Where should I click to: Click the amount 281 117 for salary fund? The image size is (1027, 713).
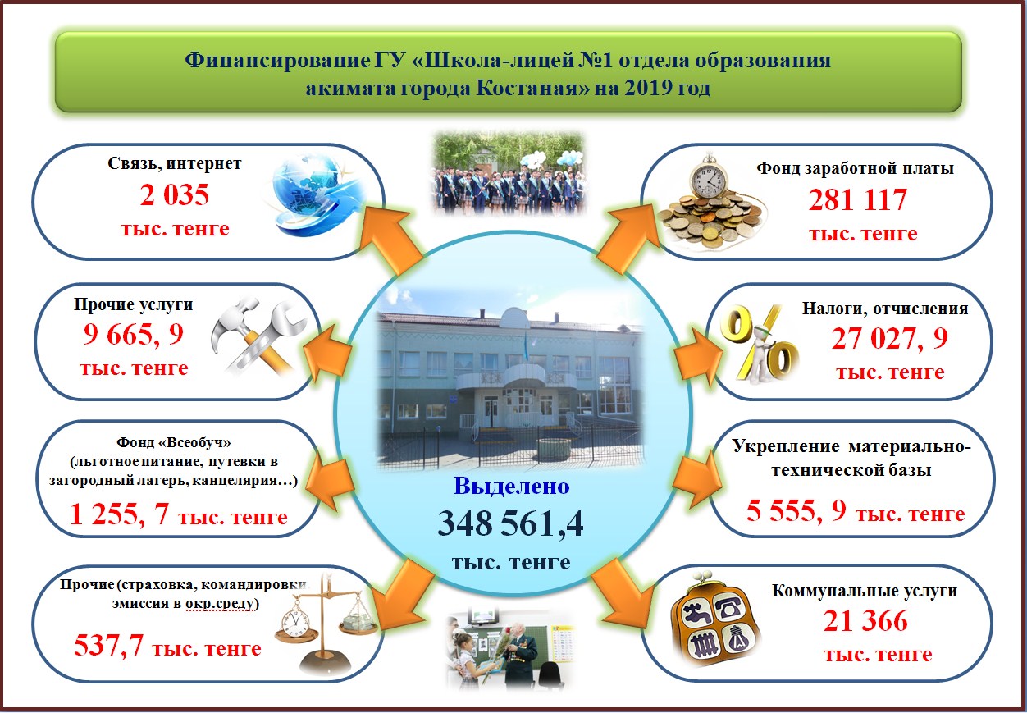point(858,200)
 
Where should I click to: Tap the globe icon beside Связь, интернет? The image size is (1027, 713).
point(317,194)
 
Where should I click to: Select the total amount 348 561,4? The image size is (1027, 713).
point(510,523)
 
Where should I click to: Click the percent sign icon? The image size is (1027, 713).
point(759,344)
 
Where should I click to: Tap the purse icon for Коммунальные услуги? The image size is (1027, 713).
point(714,619)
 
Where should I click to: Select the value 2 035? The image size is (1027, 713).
point(174,195)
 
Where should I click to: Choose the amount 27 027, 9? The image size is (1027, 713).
point(889,338)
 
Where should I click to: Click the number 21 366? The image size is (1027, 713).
point(865,621)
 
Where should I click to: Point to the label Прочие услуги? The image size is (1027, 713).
point(134,304)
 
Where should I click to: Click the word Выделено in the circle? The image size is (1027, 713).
point(511,487)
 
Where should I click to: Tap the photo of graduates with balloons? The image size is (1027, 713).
point(509,174)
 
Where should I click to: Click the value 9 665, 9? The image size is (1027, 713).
point(134,334)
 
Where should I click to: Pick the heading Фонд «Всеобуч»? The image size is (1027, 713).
point(174,442)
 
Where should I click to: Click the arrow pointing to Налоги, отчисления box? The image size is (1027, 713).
point(698,356)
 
